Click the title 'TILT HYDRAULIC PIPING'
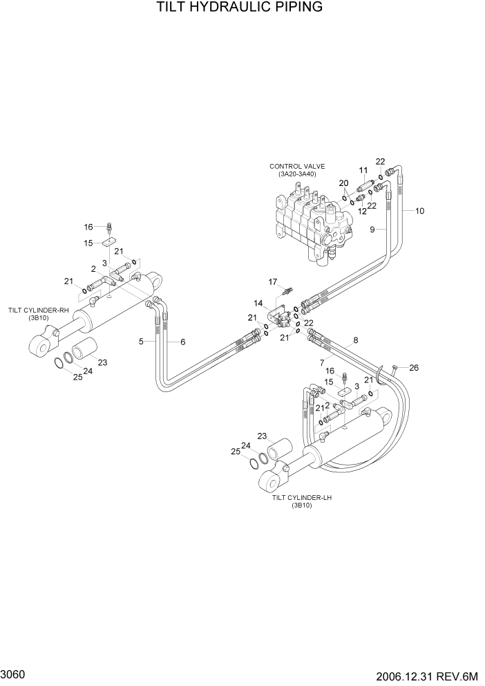(239, 8)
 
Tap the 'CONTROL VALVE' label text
(297, 166)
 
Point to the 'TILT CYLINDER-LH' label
(302, 497)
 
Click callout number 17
(273, 281)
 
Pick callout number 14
(258, 303)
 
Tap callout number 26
(414, 368)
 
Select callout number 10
(419, 211)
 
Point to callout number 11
(363, 170)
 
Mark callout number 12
(361, 211)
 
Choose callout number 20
(343, 183)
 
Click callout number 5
(141, 342)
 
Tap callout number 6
(183, 342)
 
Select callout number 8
(356, 340)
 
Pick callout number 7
(322, 362)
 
